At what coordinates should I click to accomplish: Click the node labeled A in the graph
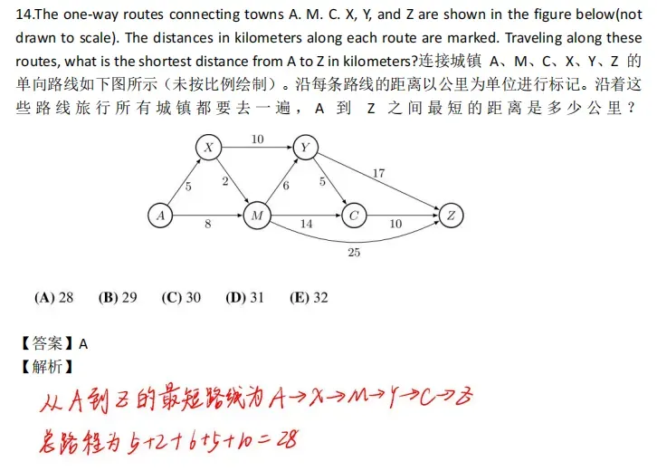point(160,216)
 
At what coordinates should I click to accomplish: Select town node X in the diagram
point(209,148)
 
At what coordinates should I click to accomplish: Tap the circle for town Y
point(305,148)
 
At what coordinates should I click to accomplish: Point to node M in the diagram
point(257,216)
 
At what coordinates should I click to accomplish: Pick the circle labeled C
point(354,216)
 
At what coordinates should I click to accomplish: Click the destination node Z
point(450,216)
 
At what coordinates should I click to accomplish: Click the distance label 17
point(378,172)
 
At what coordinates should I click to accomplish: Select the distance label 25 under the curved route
point(354,253)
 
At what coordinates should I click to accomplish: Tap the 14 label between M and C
point(306,224)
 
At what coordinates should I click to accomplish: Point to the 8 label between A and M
point(208,224)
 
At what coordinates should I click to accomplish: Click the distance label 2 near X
point(224,181)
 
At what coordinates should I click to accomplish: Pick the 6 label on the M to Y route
point(286,186)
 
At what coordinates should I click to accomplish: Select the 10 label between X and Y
point(257,139)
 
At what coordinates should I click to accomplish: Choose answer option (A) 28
point(53,297)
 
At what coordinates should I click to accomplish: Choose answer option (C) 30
point(181,297)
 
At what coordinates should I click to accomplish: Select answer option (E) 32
point(309,297)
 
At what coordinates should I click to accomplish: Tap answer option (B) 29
point(118,297)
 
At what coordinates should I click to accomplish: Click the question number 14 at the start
point(23,15)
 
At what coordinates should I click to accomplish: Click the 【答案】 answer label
point(47,343)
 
